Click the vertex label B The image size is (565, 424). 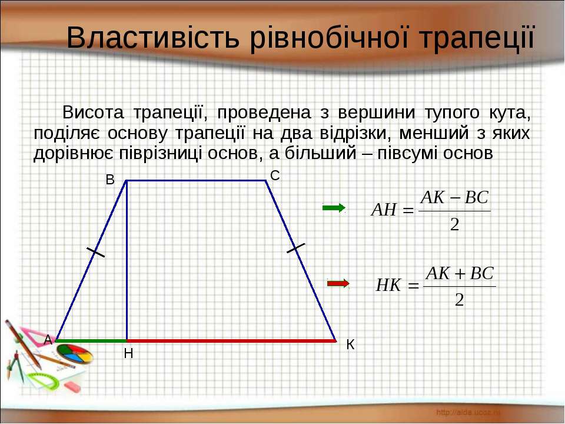(110, 180)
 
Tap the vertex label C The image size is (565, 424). (275, 175)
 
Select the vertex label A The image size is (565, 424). (48, 339)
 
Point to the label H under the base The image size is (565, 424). (128, 354)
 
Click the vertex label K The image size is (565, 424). (350, 344)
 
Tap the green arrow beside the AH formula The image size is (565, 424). (334, 208)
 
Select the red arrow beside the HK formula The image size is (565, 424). (338, 283)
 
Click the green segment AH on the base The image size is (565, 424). (91, 340)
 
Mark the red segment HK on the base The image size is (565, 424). (231, 340)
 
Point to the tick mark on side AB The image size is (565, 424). (95, 252)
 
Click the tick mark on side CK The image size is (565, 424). (296, 248)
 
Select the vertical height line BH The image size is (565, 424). (127, 260)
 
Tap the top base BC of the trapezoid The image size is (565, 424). (196, 180)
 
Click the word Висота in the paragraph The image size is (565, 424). (93, 112)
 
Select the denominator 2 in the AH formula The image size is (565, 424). (454, 224)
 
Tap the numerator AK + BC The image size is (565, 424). (460, 273)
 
